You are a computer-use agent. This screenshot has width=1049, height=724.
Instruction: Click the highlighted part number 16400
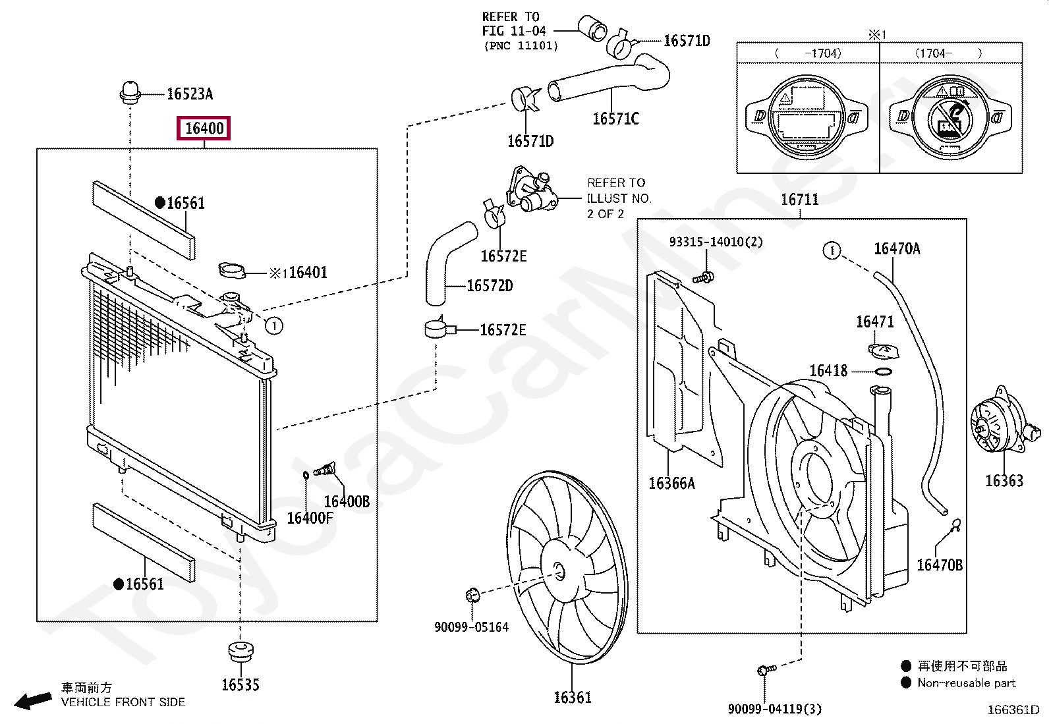[x=204, y=128]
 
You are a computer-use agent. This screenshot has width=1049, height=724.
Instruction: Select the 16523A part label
[x=190, y=94]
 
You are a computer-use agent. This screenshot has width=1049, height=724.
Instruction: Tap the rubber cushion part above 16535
[x=241, y=652]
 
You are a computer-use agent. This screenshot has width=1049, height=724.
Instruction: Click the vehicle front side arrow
[x=33, y=700]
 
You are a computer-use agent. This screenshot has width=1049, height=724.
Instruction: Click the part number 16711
[x=799, y=200]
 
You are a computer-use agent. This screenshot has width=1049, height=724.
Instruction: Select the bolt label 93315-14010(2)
[x=716, y=242]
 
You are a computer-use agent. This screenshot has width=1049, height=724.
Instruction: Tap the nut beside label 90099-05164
[x=472, y=596]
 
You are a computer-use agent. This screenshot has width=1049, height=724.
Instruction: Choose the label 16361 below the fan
[x=572, y=697]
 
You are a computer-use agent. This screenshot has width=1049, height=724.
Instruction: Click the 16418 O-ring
[x=883, y=372]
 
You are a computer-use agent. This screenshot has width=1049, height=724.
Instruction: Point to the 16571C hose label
[x=615, y=119]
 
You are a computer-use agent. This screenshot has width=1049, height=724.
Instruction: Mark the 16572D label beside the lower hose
[x=490, y=285]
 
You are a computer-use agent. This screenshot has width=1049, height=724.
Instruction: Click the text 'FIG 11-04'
[x=514, y=31]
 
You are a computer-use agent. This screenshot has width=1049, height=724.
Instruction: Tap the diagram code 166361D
[x=1013, y=710]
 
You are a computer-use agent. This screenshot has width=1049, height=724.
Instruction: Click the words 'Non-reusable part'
[x=967, y=682]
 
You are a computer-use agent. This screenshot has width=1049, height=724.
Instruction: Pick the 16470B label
[x=940, y=565]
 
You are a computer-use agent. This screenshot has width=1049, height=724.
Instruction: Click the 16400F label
[x=310, y=518]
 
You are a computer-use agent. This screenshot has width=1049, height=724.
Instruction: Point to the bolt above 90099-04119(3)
[x=766, y=670]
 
